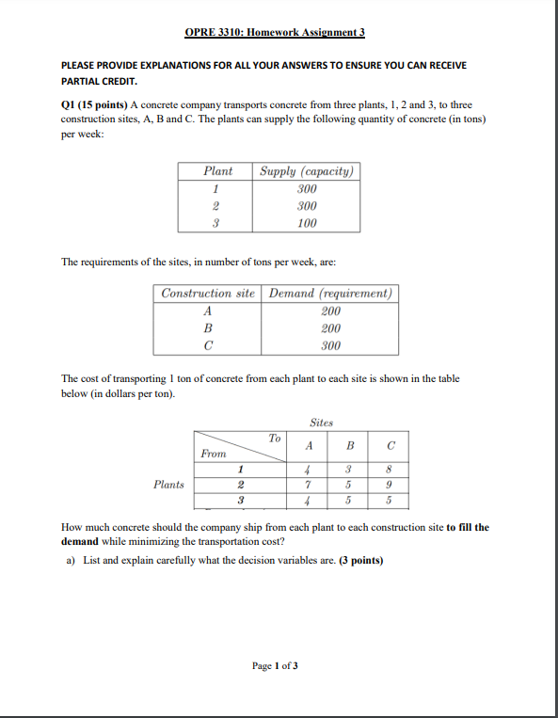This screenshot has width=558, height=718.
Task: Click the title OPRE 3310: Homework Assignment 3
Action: coord(275,33)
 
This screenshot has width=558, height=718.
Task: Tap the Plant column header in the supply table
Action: coord(217,171)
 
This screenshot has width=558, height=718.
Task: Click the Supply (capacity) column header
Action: coord(306,171)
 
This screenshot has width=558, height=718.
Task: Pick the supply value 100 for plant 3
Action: coord(306,223)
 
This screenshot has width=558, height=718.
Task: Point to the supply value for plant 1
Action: coord(306,188)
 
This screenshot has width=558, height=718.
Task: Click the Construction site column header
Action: coord(208,293)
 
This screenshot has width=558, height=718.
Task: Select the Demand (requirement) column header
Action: coord(330,293)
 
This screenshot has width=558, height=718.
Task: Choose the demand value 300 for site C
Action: coord(330,345)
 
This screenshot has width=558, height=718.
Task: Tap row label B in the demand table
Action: coord(208,328)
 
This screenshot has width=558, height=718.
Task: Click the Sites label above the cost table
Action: coord(322,423)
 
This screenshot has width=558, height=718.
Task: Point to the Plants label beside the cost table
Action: coord(169,485)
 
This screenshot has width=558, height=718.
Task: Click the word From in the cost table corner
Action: coord(214,454)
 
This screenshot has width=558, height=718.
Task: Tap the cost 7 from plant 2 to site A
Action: coord(309,485)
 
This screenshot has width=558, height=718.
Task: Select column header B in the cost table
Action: coord(349,446)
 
